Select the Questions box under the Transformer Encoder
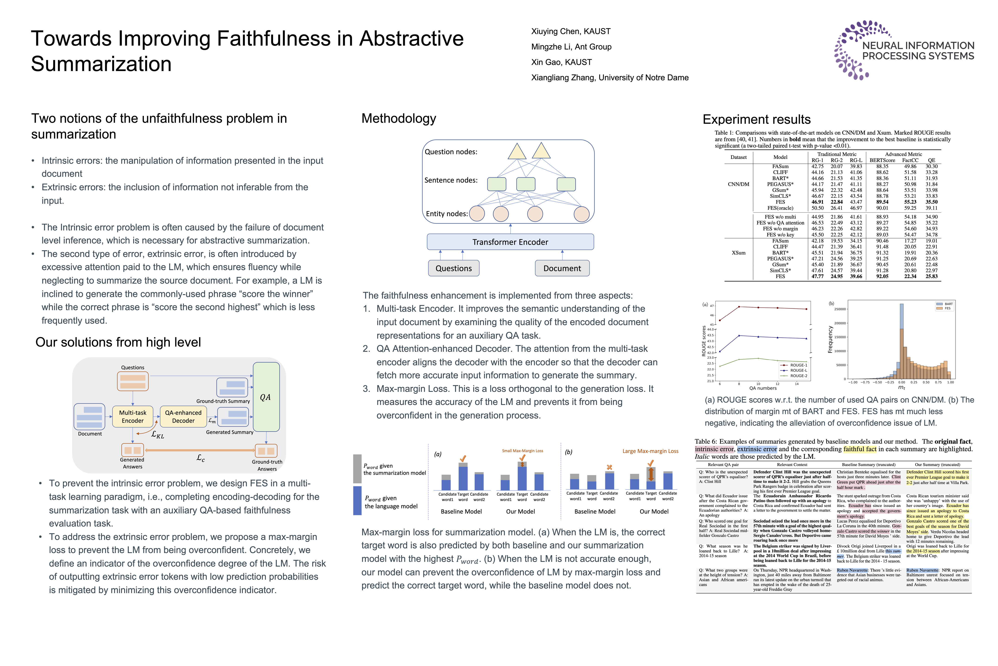(x=453, y=268)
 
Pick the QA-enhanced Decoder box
(x=183, y=416)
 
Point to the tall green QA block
(x=266, y=397)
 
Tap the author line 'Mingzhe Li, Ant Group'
(x=571, y=47)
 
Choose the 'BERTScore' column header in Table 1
(x=882, y=160)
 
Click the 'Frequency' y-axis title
(x=830, y=339)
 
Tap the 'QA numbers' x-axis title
(x=763, y=388)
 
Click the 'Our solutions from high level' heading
(x=118, y=342)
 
